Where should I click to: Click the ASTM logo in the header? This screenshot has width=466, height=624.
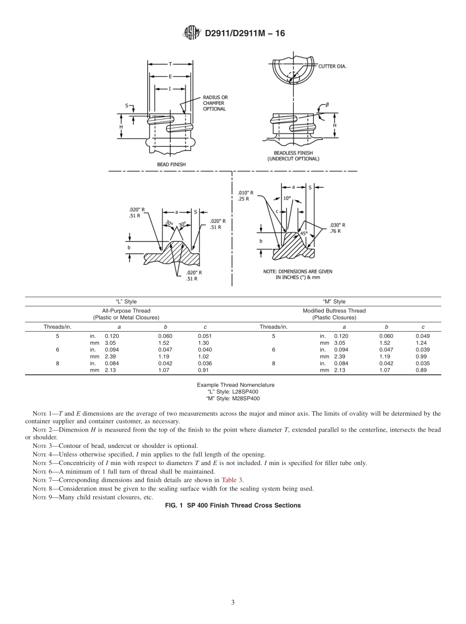[191, 33]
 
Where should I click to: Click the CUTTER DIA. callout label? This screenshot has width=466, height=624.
[332, 66]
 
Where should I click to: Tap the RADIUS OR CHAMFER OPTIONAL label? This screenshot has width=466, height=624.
[215, 103]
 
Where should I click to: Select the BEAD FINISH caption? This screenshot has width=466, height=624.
[171, 164]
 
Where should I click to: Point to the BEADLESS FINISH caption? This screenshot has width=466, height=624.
[293, 156]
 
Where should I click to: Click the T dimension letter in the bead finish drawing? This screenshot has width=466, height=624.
[170, 64]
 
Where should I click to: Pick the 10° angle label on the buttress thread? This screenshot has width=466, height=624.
[287, 198]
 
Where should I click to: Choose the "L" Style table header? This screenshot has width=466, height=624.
[127, 301]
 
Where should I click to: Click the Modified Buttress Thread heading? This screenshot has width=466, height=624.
[334, 311]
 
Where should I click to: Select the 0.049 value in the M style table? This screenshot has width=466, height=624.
[422, 336]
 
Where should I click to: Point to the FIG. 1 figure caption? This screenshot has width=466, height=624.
[233, 505]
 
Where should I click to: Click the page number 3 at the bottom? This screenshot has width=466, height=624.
[233, 602]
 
